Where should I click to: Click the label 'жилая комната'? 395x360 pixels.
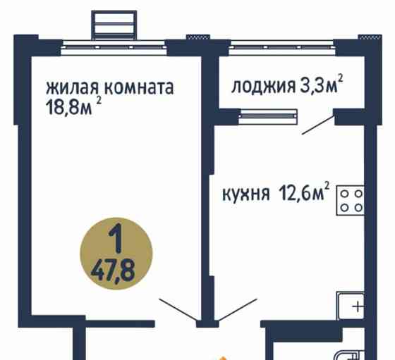pos(109,88)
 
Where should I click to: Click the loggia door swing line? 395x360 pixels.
pos(317,125)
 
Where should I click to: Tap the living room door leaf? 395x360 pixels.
pos(177,311)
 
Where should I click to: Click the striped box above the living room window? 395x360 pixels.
pos(116,24)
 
